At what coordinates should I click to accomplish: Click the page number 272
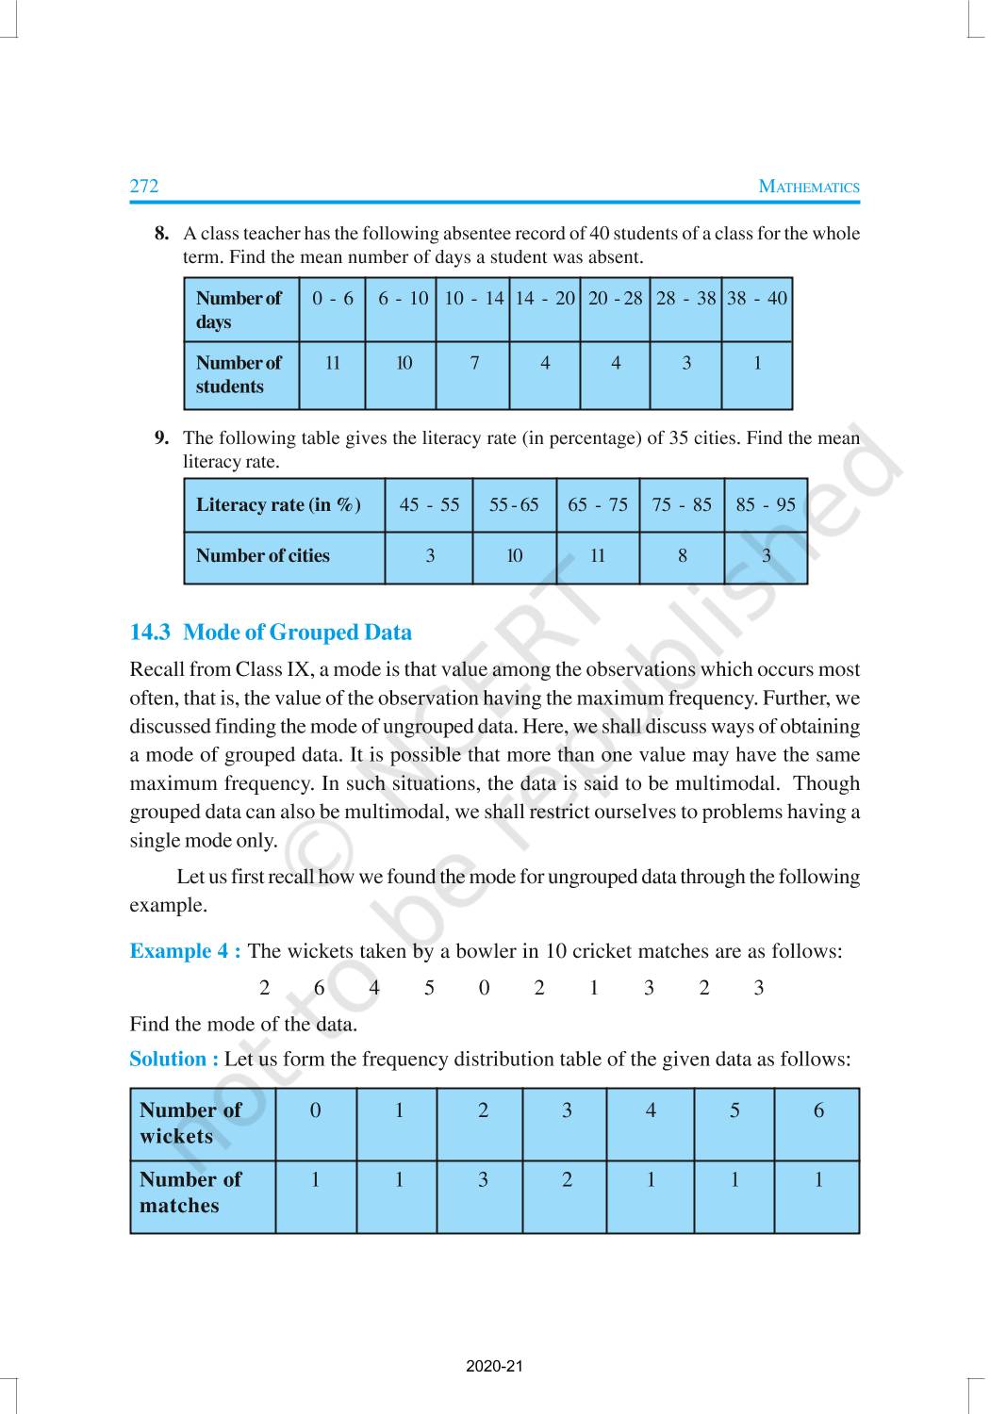144,186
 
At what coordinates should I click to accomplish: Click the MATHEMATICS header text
809,187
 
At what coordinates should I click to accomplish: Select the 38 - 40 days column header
757,299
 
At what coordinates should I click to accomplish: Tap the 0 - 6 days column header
333,299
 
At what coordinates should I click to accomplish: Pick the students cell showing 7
474,363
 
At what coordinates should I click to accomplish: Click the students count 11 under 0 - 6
333,363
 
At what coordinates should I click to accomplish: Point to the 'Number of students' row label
239,374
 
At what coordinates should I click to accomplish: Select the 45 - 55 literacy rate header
429,504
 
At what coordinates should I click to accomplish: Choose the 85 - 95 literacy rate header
766,504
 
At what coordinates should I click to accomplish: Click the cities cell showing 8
682,556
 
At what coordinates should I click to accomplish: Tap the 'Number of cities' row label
263,556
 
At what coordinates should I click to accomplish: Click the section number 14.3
150,633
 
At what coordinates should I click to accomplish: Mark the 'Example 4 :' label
185,951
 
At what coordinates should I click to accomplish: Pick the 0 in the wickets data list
484,988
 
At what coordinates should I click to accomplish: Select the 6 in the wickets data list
319,988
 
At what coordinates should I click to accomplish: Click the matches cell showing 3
483,1179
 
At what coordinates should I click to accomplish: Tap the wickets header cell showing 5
734,1110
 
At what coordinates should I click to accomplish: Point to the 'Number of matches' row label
190,1192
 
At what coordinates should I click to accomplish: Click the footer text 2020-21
494,1367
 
